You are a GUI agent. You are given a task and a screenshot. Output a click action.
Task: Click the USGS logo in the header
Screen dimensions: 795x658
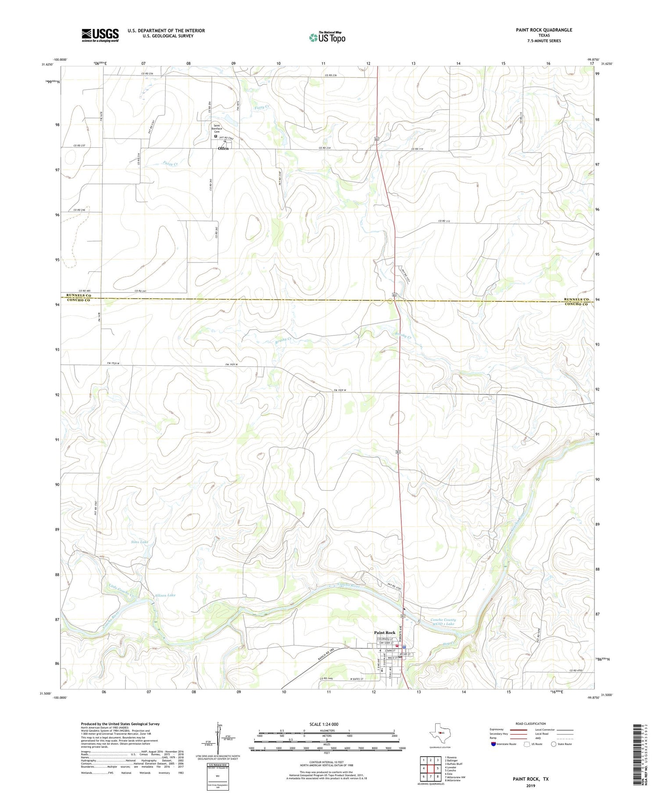[100, 35]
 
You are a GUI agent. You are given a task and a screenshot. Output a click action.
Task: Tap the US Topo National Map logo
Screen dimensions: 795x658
[327, 37]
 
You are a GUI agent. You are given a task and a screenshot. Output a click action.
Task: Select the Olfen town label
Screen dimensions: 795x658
[223, 149]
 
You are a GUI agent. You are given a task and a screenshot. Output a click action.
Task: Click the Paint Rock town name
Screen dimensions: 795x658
[384, 633]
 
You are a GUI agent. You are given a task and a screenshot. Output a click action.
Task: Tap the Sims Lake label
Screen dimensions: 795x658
[139, 542]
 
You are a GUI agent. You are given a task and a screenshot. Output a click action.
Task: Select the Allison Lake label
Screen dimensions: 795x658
[165, 595]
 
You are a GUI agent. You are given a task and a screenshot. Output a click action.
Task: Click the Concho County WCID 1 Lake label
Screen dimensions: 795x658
[443, 622]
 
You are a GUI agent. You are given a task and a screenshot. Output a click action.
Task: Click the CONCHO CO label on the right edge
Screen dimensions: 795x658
[576, 304]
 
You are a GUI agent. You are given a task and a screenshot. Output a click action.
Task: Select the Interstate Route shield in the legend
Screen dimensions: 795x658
[493, 744]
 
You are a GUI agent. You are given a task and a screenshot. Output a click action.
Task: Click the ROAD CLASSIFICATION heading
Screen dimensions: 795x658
[531, 724]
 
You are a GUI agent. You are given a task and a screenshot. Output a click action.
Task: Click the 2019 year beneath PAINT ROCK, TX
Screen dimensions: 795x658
[531, 785]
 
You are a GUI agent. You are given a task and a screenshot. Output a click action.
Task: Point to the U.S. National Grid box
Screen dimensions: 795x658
[218, 777]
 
